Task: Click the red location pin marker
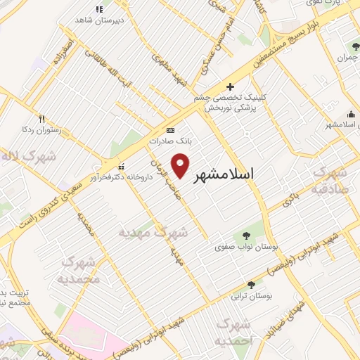(x=181, y=165)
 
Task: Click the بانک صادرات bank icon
(x=169, y=130)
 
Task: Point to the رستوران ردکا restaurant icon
(x=41, y=119)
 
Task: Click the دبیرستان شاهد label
(x=99, y=20)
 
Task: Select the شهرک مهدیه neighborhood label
(x=154, y=231)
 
